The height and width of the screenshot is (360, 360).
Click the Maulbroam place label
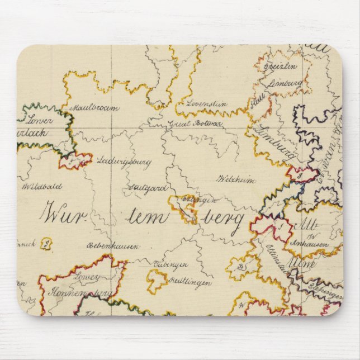(x=94, y=108)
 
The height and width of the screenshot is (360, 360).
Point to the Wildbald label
(x=42, y=187)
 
